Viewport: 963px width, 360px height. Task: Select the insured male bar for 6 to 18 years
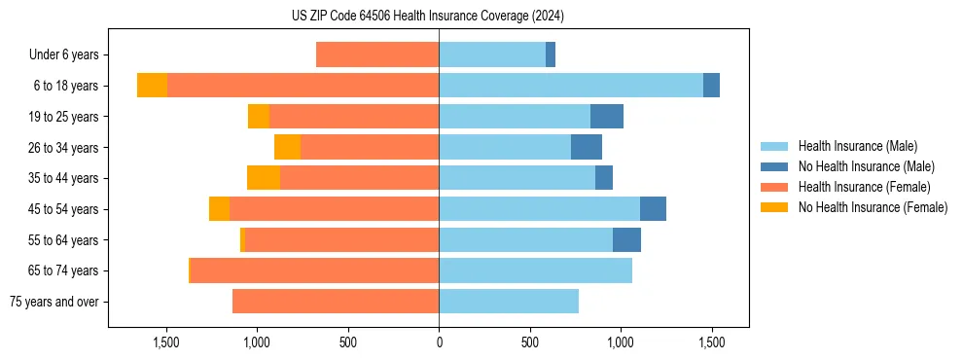[571, 86]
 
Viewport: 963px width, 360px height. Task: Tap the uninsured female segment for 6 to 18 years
[152, 86]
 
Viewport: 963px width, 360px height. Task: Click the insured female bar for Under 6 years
[377, 54]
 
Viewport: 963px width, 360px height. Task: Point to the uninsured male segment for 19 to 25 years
[607, 117]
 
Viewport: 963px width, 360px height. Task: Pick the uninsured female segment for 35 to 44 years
[264, 178]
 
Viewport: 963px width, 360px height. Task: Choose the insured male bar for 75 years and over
[509, 302]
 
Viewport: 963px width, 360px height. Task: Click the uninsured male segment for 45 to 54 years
[653, 209]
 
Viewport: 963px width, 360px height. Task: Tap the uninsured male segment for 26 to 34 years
[587, 147]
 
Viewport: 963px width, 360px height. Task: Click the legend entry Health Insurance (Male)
[856, 146]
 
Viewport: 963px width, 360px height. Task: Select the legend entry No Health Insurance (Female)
[873, 207]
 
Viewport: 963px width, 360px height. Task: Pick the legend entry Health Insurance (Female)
[864, 187]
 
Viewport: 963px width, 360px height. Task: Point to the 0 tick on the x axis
[439, 342]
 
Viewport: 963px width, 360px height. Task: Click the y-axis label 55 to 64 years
[64, 240]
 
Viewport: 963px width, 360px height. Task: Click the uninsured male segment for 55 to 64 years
[626, 239]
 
